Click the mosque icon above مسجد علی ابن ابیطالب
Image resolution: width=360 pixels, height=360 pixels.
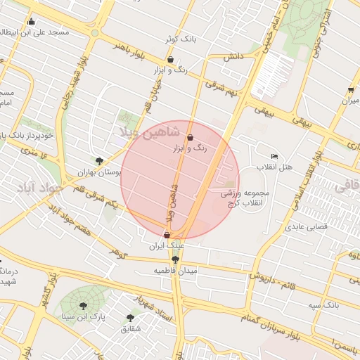32,22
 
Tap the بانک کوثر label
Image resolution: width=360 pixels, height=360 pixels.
179,39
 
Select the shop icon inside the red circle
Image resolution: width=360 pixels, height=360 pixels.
191,139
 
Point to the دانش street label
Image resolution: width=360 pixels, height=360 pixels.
233,56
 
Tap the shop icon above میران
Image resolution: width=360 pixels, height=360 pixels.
350,90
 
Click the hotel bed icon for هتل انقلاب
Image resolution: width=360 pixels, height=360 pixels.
274,155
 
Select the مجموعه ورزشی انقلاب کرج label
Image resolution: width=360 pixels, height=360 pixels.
241,198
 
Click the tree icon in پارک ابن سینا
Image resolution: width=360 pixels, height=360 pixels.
84,306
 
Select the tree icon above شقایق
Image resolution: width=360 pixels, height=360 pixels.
131,317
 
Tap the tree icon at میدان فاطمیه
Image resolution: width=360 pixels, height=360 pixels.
175,259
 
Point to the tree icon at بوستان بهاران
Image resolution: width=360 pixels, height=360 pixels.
99,160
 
